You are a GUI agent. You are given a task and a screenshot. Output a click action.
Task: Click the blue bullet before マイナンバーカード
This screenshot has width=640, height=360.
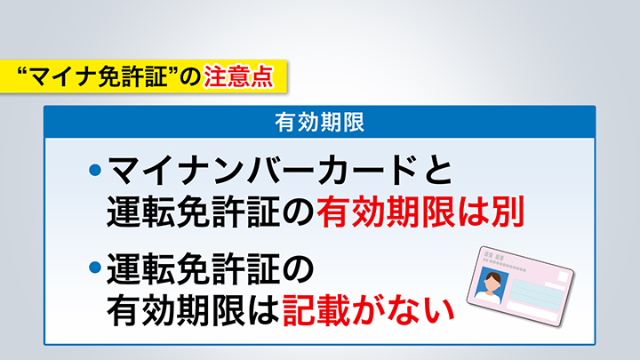point(95,169)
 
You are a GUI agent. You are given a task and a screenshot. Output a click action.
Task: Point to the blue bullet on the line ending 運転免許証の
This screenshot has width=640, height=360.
point(95,267)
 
